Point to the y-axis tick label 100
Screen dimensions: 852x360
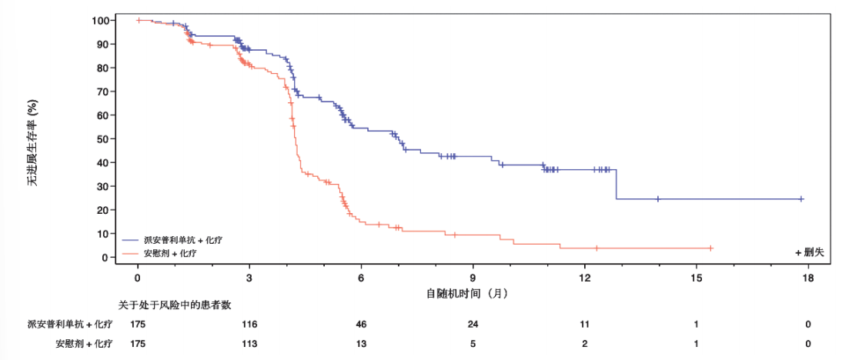101,20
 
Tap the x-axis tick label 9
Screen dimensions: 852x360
473,278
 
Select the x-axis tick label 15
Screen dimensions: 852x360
697,278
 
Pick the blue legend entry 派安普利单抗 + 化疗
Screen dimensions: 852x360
171,239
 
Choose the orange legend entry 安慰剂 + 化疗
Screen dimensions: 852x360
162,252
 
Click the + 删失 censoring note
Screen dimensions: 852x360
810,252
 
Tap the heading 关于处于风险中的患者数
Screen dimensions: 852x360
175,305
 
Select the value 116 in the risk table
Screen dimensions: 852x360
249,324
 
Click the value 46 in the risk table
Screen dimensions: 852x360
361,324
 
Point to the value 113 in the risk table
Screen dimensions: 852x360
249,344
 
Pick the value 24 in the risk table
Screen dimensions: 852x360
473,324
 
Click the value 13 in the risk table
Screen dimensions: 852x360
361,344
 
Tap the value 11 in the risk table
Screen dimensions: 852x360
585,324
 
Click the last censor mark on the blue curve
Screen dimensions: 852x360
801,198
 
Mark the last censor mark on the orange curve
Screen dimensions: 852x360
710,248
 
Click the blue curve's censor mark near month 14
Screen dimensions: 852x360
657,198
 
